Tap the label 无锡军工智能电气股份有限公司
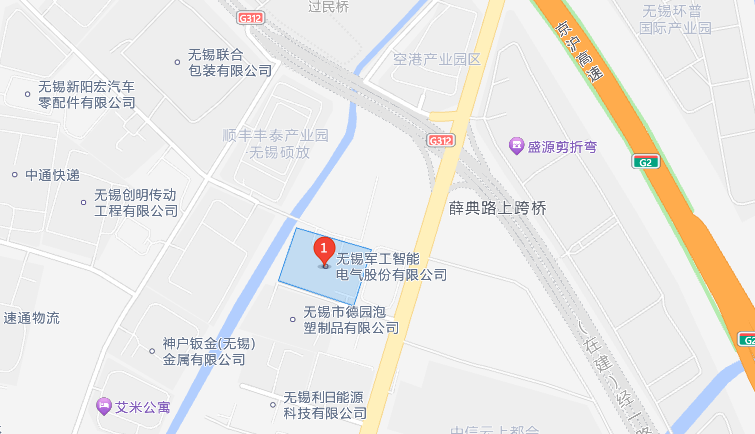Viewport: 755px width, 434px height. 391,266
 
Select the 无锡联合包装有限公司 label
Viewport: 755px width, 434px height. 230,63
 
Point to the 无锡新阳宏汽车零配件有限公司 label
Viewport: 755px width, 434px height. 87,94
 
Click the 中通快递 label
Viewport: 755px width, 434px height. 52,174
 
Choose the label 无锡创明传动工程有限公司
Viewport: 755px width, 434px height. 136,202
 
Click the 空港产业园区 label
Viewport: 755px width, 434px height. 438,59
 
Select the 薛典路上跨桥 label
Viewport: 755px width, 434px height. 497,208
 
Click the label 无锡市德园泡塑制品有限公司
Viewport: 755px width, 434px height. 351,319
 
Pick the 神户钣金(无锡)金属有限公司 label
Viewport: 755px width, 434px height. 210,351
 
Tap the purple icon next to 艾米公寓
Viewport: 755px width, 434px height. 103,406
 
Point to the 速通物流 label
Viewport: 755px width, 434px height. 31,318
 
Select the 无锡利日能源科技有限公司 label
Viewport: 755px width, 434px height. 325,404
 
